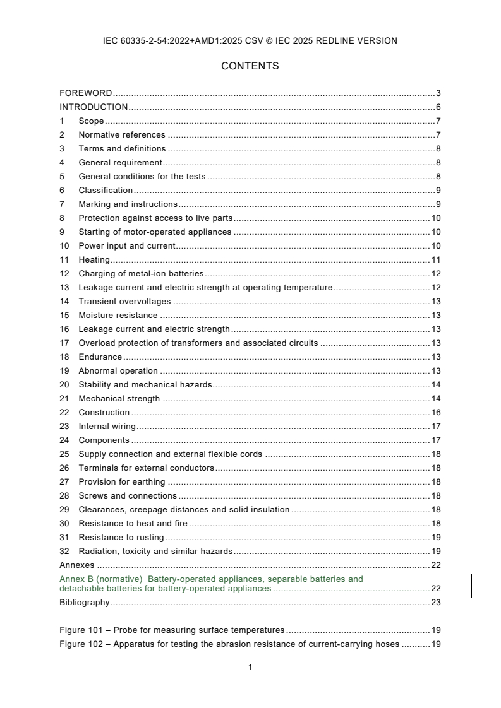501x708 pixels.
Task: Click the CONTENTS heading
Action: pos(250,66)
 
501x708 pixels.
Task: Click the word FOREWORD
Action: pos(85,93)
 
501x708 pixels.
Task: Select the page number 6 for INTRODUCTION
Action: pos(438,107)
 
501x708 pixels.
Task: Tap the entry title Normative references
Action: pos(121,135)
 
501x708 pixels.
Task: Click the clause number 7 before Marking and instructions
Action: pos(62,204)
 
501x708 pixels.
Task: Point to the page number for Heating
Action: pos(435,260)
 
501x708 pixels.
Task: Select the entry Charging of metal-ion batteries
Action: pos(141,274)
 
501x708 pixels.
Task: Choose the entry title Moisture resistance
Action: pos(118,316)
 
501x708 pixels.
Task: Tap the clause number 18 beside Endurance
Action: pos(64,357)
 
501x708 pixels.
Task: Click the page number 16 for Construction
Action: pos(435,413)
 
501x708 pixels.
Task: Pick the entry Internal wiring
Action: pos(107,427)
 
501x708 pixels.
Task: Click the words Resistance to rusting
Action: pos(121,538)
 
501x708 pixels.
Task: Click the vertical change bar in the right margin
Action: pos(472,585)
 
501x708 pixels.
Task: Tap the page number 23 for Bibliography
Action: pos(435,603)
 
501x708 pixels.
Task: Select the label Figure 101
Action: pos(81,630)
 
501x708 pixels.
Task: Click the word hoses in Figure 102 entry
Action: pos(387,644)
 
